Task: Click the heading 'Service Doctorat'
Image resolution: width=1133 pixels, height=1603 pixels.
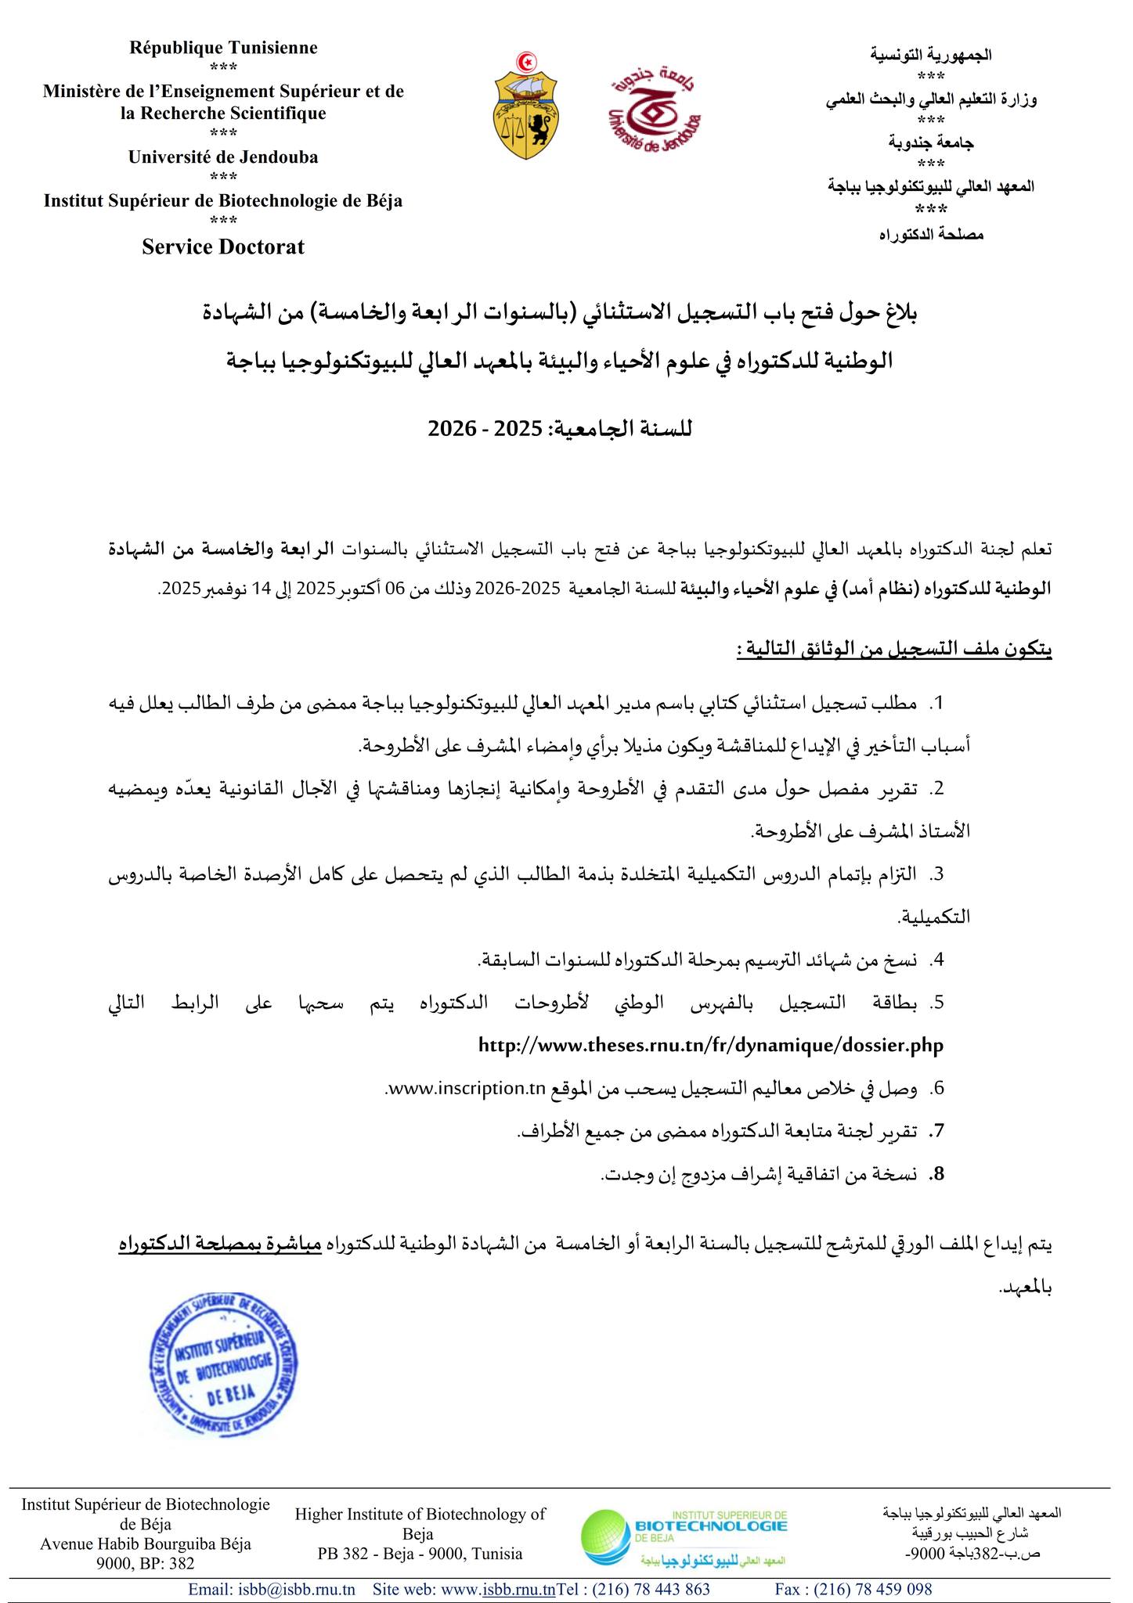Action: point(223,247)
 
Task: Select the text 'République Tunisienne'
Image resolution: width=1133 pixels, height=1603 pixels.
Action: point(223,48)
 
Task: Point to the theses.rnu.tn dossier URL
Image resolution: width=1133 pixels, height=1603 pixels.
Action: point(710,1045)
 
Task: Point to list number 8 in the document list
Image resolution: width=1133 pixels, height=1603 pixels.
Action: point(935,1174)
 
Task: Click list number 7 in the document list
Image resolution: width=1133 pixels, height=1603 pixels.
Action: point(935,1131)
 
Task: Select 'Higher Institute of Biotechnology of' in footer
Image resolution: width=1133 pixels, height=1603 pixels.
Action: point(420,1514)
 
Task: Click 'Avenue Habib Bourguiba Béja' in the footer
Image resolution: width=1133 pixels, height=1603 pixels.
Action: point(146,1544)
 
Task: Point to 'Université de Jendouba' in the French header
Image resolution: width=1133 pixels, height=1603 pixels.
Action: point(223,157)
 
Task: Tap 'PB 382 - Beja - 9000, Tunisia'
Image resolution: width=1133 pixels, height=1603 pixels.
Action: point(420,1553)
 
